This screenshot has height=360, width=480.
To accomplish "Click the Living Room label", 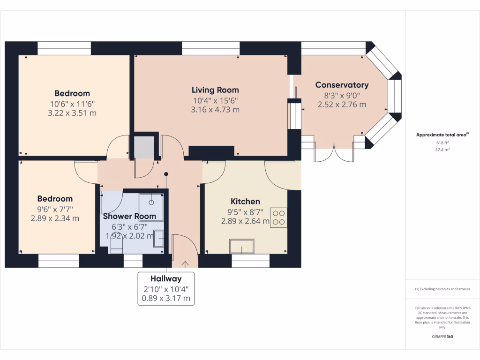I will click(215, 90).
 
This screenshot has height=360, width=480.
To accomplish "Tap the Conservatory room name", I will click(342, 85).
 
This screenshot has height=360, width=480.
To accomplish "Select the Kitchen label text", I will click(245, 201).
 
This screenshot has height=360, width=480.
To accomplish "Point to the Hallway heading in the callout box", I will click(166, 278).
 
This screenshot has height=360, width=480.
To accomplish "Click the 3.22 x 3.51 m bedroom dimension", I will click(72, 113).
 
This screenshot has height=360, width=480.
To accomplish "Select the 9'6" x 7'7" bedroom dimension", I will click(55, 209).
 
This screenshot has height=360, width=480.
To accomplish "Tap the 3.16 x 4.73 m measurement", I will click(215, 110).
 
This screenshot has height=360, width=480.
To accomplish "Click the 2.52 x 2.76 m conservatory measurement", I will click(342, 105).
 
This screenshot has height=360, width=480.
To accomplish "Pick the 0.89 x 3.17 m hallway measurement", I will click(166, 298).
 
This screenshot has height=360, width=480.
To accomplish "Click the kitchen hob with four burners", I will click(278, 217).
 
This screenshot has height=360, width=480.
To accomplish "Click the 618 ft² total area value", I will click(442, 142).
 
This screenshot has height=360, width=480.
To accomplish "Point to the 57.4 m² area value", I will click(442, 150).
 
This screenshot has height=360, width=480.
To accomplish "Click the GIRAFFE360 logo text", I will click(442, 337).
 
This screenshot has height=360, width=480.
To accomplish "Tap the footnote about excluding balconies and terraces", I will click(442, 289).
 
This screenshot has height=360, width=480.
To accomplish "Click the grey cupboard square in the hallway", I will click(144, 147).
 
